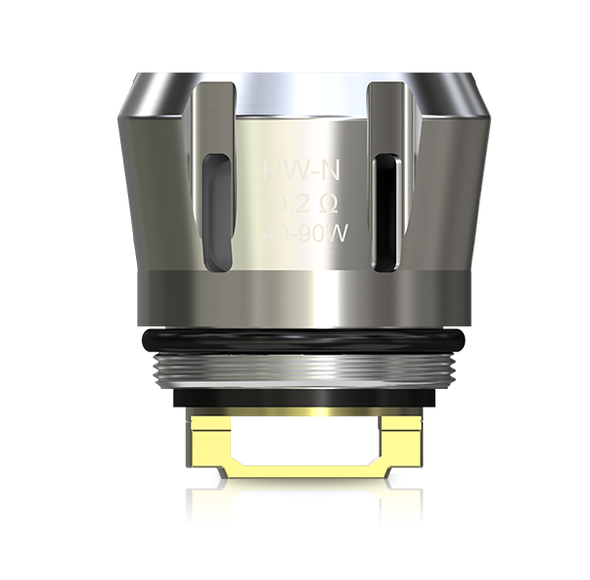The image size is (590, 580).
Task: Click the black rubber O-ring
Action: [x=295, y=341]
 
